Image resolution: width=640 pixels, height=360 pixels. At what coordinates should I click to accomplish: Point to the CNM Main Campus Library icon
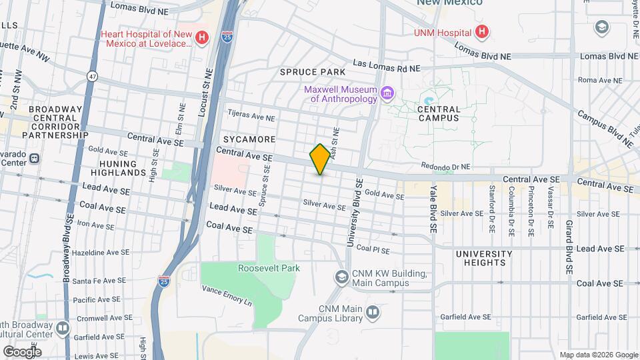coord(372,312)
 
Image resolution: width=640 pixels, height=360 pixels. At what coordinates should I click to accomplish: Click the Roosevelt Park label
coord(269,268)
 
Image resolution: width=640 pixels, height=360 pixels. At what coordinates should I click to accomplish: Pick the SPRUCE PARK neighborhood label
coord(312,71)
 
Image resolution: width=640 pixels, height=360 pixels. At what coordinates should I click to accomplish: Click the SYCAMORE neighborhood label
coord(249,139)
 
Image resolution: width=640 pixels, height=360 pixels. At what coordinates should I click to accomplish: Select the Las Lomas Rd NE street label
coord(387,65)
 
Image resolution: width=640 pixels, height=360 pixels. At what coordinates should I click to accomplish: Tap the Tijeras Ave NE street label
coord(251,116)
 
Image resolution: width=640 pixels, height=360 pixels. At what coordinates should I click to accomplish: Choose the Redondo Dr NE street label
coord(446,167)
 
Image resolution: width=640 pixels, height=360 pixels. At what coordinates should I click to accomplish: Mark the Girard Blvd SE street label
coord(569,247)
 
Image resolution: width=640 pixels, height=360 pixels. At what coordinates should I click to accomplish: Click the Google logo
coord(22,351)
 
